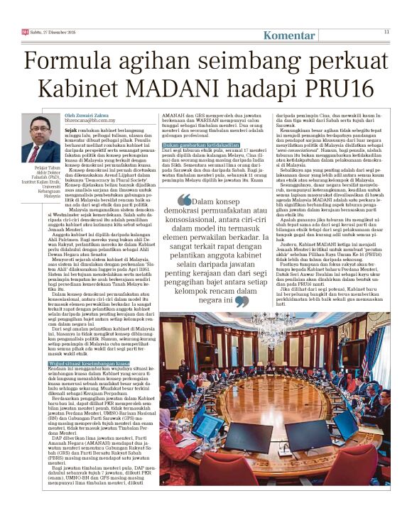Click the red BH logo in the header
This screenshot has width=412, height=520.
[x=25, y=31]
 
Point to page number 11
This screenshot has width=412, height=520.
[x=386, y=31]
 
